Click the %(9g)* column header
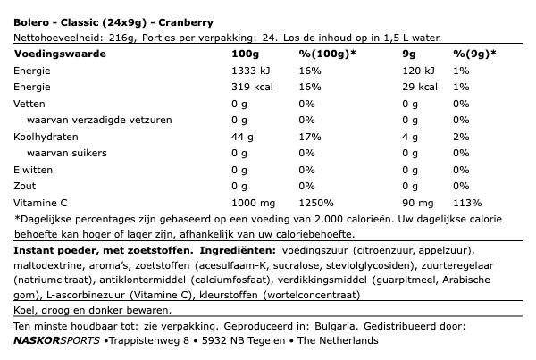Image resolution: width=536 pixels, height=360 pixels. coord(472,54)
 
